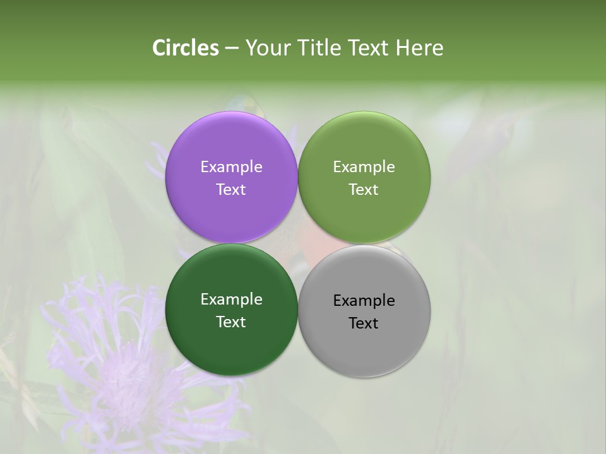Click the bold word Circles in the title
[x=186, y=48]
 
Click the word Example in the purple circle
[x=231, y=167]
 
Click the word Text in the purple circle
[x=231, y=190]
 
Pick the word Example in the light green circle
[x=364, y=167]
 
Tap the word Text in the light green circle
[x=364, y=190]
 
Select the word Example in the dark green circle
[x=231, y=300]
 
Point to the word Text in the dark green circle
[x=231, y=322]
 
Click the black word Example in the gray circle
[x=364, y=301]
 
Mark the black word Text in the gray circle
[x=364, y=323]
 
